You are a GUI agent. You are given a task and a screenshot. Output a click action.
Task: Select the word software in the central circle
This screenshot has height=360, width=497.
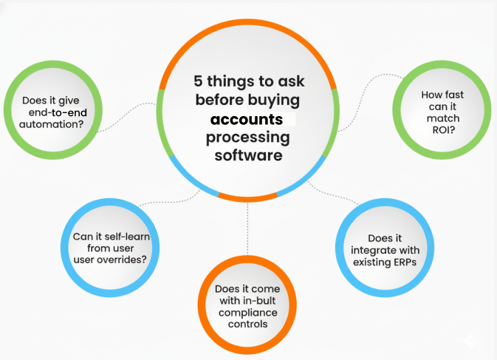pos(248,156)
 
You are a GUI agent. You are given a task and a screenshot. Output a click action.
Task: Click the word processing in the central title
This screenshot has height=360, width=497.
pos(248,138)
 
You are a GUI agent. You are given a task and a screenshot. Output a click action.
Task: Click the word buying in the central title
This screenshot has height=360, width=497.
pos(275,101)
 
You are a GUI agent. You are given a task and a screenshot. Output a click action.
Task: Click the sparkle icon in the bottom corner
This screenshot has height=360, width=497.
pos(472,340)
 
